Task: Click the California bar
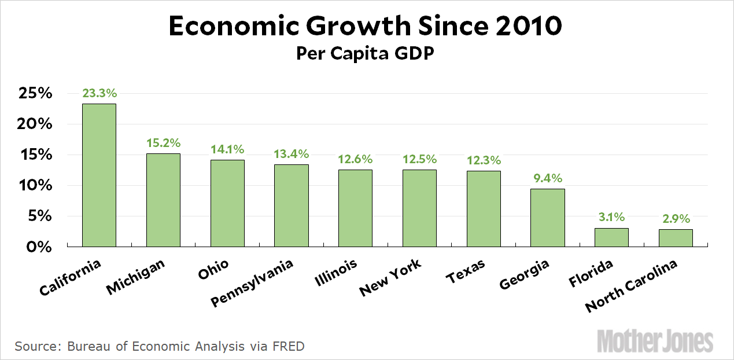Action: [x=99, y=175]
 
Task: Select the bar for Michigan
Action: [x=163, y=200]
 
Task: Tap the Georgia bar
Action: [x=547, y=218]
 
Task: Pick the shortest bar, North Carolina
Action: [x=676, y=238]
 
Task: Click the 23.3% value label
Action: [x=99, y=93]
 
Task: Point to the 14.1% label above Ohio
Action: [x=227, y=149]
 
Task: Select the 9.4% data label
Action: [x=547, y=178]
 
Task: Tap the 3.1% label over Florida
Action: [x=611, y=217]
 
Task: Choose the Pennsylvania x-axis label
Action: [x=252, y=282]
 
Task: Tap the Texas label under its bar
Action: [x=465, y=271]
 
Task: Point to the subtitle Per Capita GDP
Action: [x=366, y=53]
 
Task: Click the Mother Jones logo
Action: [x=655, y=340]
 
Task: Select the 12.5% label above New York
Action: [x=419, y=159]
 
